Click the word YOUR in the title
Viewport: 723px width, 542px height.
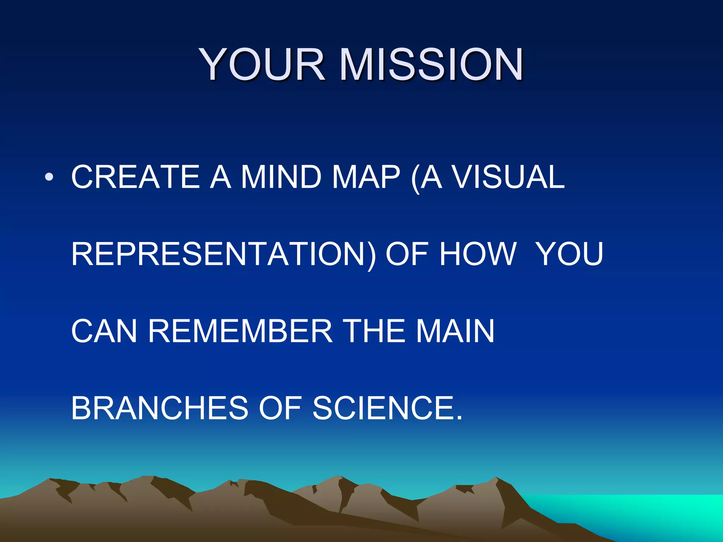coord(262,65)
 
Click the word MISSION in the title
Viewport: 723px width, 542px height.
coord(431,65)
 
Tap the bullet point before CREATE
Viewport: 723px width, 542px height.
coord(49,176)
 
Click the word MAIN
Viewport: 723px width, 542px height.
coord(455,331)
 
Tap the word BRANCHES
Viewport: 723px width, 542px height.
coord(160,408)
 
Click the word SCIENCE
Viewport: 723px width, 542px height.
coord(387,408)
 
